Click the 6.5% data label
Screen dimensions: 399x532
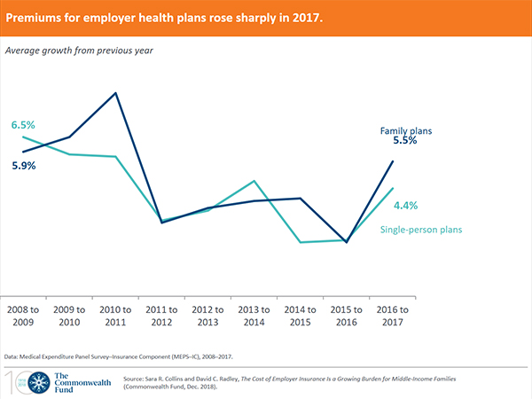coord(23,125)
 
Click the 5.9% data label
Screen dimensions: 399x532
coord(23,166)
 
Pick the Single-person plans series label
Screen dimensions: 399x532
coord(421,231)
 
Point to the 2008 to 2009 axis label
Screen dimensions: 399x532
coord(23,316)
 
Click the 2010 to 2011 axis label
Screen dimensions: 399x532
coord(115,316)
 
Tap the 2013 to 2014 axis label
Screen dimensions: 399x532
coord(254,316)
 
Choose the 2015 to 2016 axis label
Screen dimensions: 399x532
coord(347,316)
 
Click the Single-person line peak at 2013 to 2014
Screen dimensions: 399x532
coord(254,181)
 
